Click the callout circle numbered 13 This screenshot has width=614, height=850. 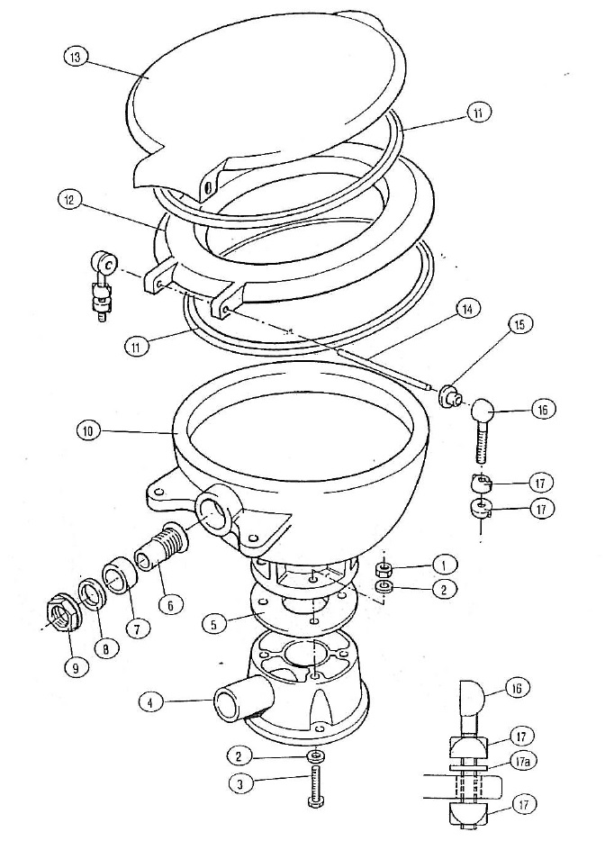click(77, 58)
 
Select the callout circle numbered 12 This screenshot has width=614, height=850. click(69, 200)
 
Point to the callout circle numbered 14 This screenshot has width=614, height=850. click(466, 309)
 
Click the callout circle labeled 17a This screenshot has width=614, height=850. click(524, 762)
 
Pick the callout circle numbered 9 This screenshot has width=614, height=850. click(76, 668)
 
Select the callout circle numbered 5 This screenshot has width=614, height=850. click(215, 625)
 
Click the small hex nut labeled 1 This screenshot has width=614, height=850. click(384, 569)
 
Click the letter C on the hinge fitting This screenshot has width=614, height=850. click(108, 265)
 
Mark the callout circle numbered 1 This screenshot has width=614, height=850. click(445, 565)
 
